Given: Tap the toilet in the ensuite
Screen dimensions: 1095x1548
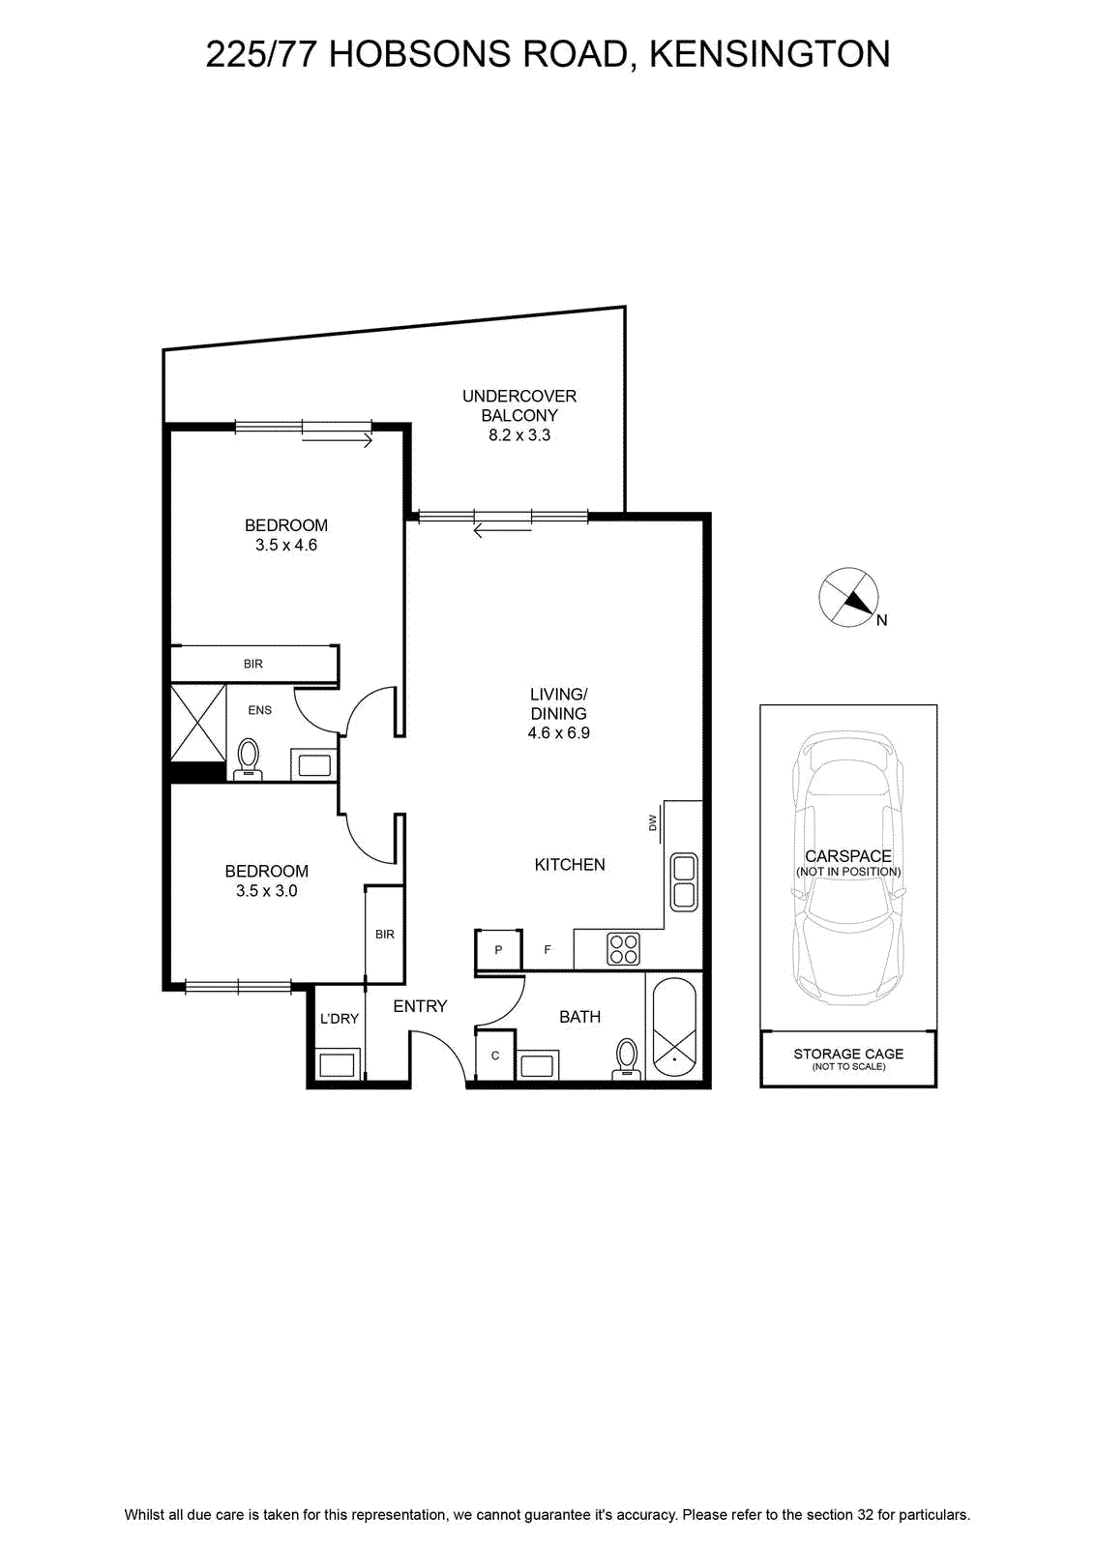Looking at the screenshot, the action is pyautogui.click(x=248, y=759).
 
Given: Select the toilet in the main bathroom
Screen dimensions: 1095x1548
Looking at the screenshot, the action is pyautogui.click(x=627, y=1058).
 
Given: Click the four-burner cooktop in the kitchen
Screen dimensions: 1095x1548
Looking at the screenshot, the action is pyautogui.click(x=623, y=949).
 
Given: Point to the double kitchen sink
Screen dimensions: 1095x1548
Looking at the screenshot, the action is pyautogui.click(x=684, y=881).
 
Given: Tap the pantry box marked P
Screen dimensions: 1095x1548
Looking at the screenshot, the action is pyautogui.click(x=498, y=949).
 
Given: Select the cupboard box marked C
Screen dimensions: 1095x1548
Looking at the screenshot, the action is pyautogui.click(x=494, y=1056).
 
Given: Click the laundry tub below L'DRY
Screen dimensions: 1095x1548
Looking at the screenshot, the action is pyautogui.click(x=338, y=1062).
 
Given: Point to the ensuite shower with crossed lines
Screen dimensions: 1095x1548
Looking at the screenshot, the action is pyautogui.click(x=198, y=723).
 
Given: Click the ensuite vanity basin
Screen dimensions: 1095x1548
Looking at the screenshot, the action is pyautogui.click(x=313, y=765).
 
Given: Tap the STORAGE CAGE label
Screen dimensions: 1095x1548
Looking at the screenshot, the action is pyautogui.click(x=848, y=1054).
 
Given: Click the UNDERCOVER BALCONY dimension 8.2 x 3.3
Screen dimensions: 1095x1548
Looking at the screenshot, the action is pyautogui.click(x=519, y=435).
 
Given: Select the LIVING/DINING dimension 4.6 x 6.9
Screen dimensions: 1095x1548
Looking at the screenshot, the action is pyautogui.click(x=558, y=733).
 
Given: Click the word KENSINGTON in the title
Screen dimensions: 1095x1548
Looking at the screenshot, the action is pyautogui.click(x=770, y=54).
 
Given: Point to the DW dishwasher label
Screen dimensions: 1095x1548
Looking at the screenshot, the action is pyautogui.click(x=653, y=822).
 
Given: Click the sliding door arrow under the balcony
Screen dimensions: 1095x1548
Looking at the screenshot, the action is pyautogui.click(x=503, y=531).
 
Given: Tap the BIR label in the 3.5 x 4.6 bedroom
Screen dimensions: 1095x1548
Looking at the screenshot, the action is pyautogui.click(x=252, y=664).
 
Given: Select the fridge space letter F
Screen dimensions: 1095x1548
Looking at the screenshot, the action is pyautogui.click(x=547, y=949).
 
